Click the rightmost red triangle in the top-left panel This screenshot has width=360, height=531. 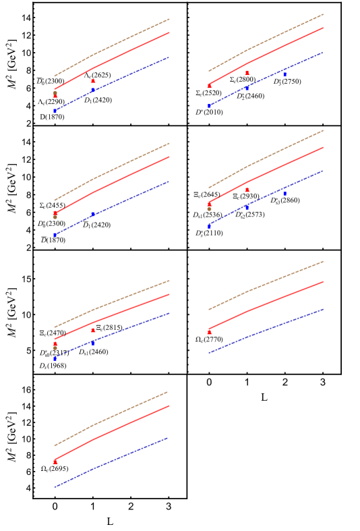[93, 81]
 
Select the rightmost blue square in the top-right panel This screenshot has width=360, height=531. [284, 74]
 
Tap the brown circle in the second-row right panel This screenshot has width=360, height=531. [209, 209]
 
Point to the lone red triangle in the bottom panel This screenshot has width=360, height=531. [55, 462]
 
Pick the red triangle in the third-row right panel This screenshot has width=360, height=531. [210, 331]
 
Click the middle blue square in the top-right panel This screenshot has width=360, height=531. [247, 88]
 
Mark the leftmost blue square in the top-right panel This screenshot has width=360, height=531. [209, 106]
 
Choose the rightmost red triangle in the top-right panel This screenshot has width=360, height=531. [247, 72]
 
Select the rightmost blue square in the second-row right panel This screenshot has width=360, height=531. [284, 193]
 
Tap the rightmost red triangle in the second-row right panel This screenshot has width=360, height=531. [247, 190]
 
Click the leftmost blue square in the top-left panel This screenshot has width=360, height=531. [55, 111]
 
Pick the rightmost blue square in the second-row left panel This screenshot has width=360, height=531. [93, 214]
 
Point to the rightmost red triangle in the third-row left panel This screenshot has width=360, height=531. [93, 330]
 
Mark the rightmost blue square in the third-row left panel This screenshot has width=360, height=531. [93, 343]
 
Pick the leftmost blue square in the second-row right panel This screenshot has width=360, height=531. [209, 227]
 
